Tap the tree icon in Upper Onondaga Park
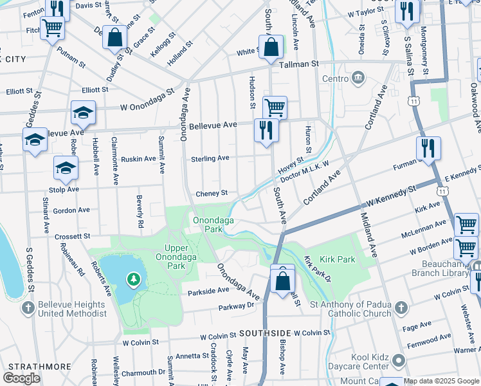pyautogui.click(x=133, y=279)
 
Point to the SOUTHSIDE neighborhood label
pyautogui.click(x=266, y=333)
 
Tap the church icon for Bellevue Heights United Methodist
pyautogui.click(x=27, y=308)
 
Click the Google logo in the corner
pyautogui.click(x=21, y=378)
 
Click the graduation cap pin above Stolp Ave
pyautogui.click(x=66, y=169)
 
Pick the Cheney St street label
pyautogui.click(x=212, y=193)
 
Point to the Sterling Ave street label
pyautogui.click(x=210, y=158)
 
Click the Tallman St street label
pyautogui.click(x=298, y=64)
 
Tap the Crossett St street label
pyautogui.click(x=72, y=236)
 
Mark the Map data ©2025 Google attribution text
pyautogui.click(x=440, y=381)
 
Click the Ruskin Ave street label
pyautogui.click(x=138, y=158)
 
